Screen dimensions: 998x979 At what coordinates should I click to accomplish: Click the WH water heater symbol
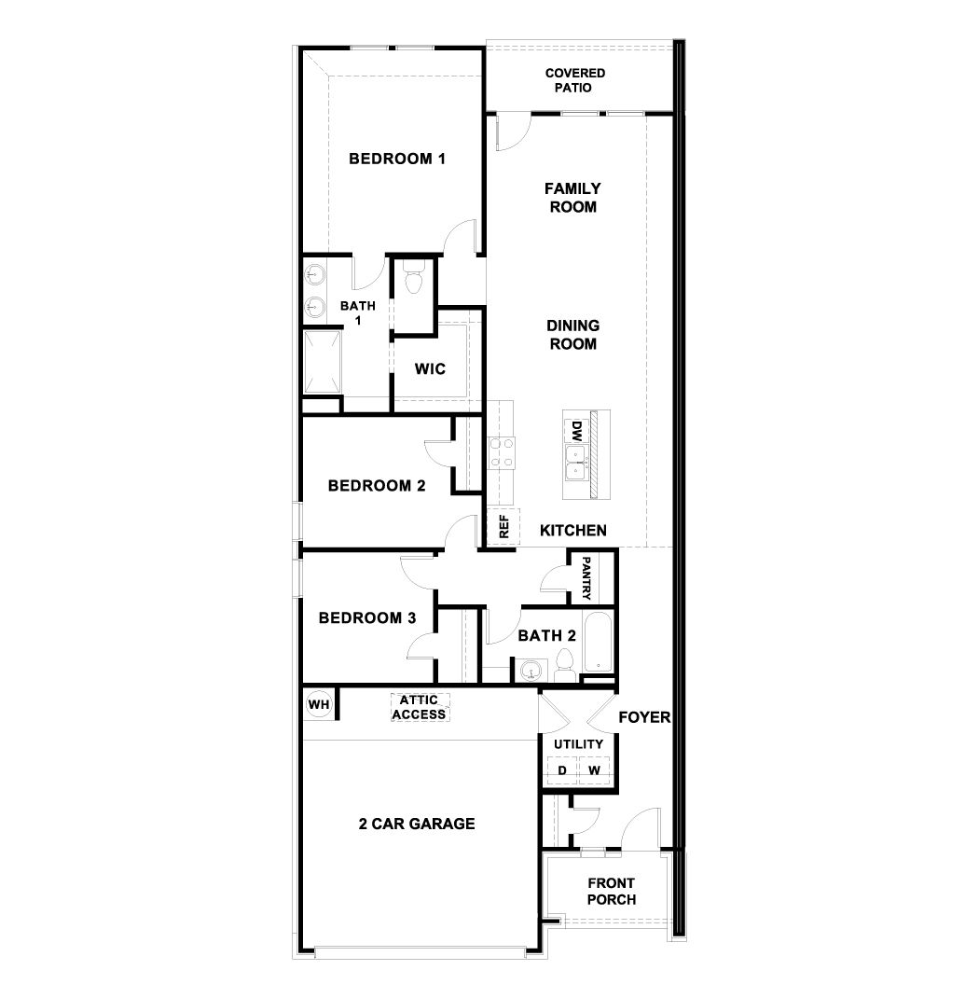319,704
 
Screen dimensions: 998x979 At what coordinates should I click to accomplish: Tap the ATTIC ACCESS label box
419,707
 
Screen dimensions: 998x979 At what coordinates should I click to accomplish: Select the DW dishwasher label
576,431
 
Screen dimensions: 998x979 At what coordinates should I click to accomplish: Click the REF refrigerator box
503,527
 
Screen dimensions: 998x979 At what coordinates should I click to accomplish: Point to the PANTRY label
586,578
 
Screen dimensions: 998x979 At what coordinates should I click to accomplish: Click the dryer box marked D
562,770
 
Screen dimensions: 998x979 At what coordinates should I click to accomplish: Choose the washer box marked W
594,770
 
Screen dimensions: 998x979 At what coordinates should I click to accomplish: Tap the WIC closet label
430,368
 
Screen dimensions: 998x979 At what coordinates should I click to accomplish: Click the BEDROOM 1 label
396,159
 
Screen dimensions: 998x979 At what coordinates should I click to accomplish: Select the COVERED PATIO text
575,80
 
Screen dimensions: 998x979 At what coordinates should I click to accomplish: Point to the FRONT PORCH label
612,891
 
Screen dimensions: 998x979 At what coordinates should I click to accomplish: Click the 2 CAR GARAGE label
417,824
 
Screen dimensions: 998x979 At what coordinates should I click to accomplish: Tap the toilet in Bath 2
564,665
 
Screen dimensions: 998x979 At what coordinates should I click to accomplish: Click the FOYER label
645,717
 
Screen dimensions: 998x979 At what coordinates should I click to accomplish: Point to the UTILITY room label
578,743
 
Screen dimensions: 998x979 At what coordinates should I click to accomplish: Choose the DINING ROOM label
572,335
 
